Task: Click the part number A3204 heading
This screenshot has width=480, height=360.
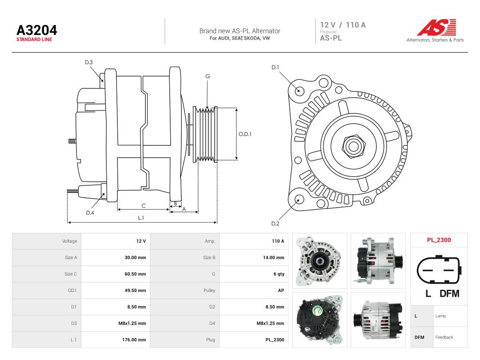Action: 37,30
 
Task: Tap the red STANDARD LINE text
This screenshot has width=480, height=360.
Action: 34,40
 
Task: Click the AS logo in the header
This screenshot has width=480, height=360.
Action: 437,27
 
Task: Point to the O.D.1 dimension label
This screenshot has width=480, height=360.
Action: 245,134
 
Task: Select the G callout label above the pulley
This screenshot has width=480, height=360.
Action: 208,76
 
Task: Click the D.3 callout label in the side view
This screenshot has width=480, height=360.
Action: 89,63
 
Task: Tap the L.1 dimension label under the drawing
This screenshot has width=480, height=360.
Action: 141,218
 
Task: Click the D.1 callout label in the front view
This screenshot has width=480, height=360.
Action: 275,68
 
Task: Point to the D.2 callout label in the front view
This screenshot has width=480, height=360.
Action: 275,224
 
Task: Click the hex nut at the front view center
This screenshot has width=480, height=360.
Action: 353,146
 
